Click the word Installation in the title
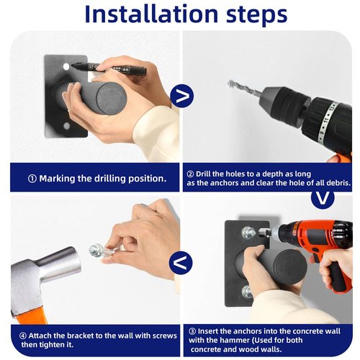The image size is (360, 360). coord(151,14)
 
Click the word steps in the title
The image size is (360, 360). coord(256,16)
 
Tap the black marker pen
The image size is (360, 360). coord(109,68)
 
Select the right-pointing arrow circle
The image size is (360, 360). coord(182,96)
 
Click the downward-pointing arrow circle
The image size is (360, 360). coord(323,198)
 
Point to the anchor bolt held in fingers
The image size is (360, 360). coord(101,251)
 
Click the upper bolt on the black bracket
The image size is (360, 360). coord(248,233)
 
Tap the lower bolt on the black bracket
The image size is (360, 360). coord(247,292)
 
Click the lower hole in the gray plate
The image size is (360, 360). coord(66,126)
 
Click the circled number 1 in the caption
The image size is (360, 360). coord(32,179)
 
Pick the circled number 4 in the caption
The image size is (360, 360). coord(23,336)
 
